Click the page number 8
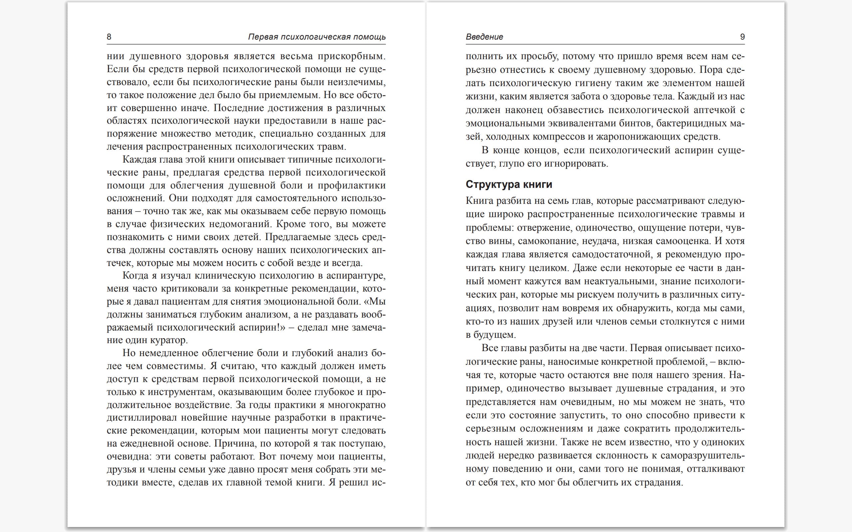click(109, 37)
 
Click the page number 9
click(742, 37)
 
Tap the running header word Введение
click(484, 37)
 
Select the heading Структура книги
click(509, 184)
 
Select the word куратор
click(169, 340)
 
